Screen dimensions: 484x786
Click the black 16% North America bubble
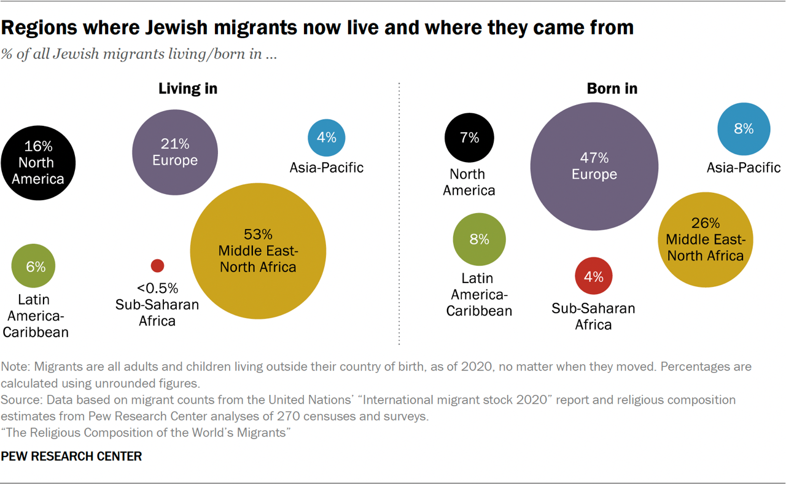38,163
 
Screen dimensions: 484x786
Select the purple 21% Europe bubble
175,152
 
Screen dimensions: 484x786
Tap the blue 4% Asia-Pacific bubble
326,138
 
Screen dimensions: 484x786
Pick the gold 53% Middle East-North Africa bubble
258,251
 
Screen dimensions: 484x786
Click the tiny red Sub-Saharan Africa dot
157,265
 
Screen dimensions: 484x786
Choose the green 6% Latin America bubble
34,266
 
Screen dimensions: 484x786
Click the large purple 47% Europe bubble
594,166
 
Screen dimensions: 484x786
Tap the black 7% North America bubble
469,138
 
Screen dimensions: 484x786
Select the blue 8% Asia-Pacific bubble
744,129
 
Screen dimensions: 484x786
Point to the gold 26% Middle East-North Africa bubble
705,240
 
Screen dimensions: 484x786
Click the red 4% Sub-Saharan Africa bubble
593,276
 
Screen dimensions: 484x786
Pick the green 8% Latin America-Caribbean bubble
479,240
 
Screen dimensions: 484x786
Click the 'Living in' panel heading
188,88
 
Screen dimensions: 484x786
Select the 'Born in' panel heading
612,88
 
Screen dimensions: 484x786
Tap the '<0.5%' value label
157,288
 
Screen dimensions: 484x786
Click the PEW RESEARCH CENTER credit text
72,456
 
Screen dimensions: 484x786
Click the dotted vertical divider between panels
399,215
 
